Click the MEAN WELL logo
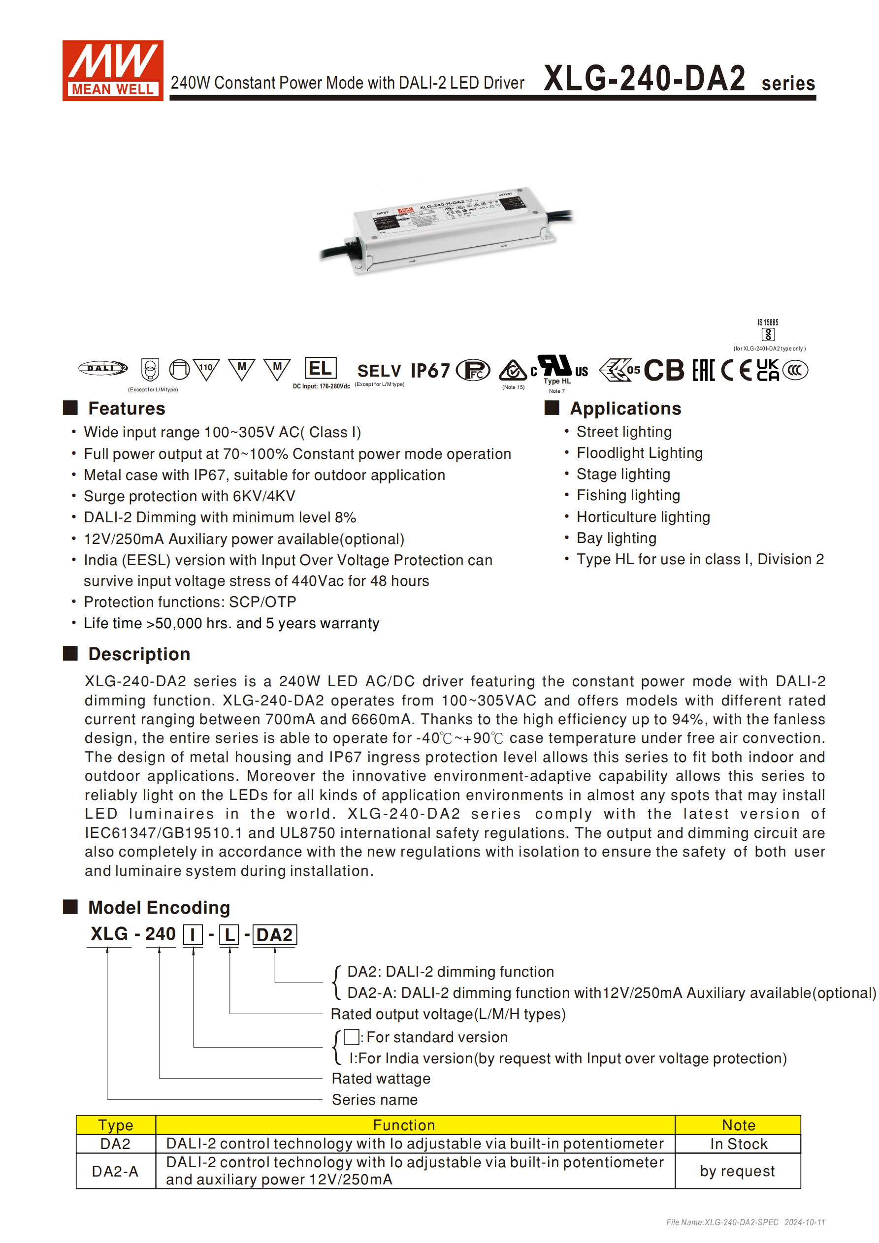point(112,70)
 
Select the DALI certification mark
point(103,368)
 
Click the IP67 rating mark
point(430,371)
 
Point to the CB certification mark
point(663,371)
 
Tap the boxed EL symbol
point(320,368)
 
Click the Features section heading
point(126,408)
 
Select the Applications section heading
point(625,408)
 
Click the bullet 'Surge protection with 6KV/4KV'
point(189,496)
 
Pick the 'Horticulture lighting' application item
point(643,517)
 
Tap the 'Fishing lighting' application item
point(628,495)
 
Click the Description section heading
point(139,654)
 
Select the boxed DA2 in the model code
point(274,935)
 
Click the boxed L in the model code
point(229,935)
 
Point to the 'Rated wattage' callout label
point(381,1079)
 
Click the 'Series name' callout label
point(374,1100)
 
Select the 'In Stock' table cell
point(738,1144)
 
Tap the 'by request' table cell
point(737,1171)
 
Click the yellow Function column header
point(403,1125)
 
